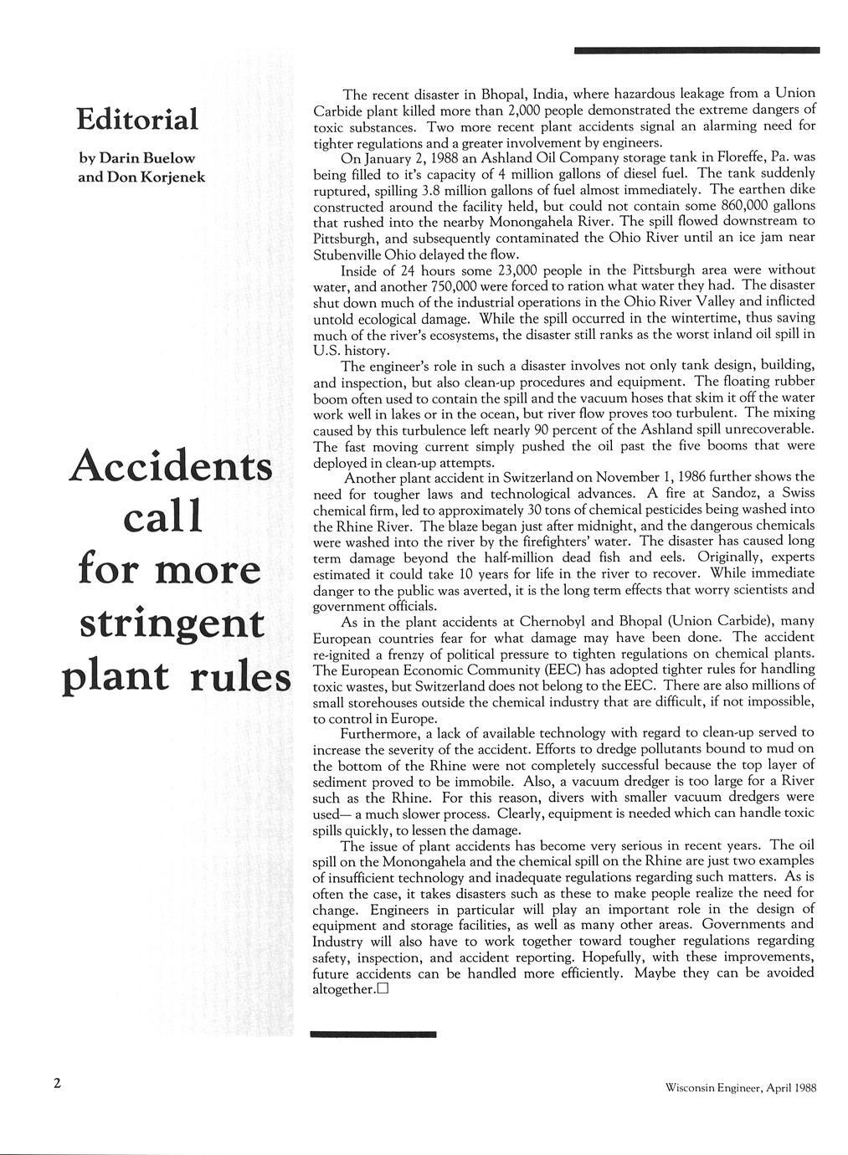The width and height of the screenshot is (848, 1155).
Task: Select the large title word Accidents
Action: pyautogui.click(x=172, y=464)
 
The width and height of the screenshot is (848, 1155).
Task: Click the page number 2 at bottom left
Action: pyautogui.click(x=57, y=1084)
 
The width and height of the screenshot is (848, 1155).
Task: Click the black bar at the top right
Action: pyautogui.click(x=696, y=51)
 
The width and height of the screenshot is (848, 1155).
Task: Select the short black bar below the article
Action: pyautogui.click(x=373, y=1035)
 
